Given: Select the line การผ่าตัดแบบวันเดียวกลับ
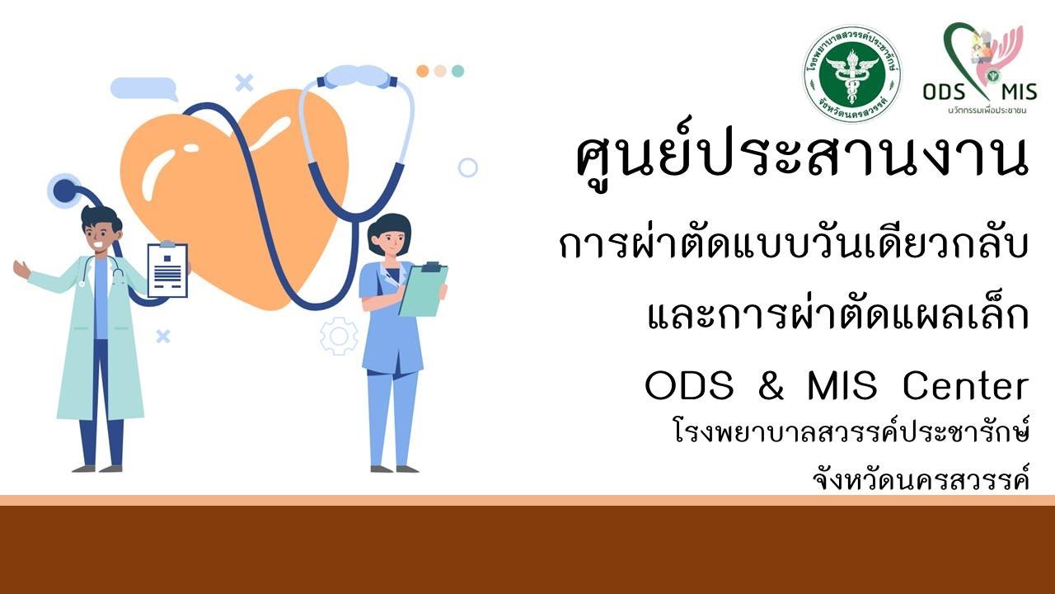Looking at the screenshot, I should tap(794, 246).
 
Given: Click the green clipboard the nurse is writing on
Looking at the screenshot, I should tap(423, 290).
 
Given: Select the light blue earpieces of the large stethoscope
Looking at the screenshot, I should tap(356, 77).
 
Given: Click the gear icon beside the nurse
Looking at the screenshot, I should tap(339, 337).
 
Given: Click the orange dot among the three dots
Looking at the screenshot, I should tap(423, 71).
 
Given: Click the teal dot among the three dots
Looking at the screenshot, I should tap(457, 71).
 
